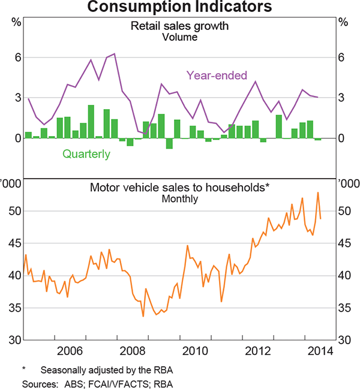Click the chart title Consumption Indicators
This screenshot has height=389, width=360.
coord(179,7)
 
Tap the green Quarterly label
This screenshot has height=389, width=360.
coord(86,154)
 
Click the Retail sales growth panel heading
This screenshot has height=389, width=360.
coord(179,26)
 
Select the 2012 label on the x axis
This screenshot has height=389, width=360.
coord(258,350)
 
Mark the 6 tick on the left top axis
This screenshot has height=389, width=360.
coord(18,58)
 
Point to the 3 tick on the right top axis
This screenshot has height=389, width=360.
coord(341,98)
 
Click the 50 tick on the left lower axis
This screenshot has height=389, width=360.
coord(15,212)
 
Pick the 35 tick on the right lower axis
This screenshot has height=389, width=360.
coord(344,308)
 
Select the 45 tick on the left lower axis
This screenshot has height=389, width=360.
coord(15,243)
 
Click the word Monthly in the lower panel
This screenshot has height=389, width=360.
coord(179,198)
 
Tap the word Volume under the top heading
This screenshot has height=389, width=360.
coord(179,37)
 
